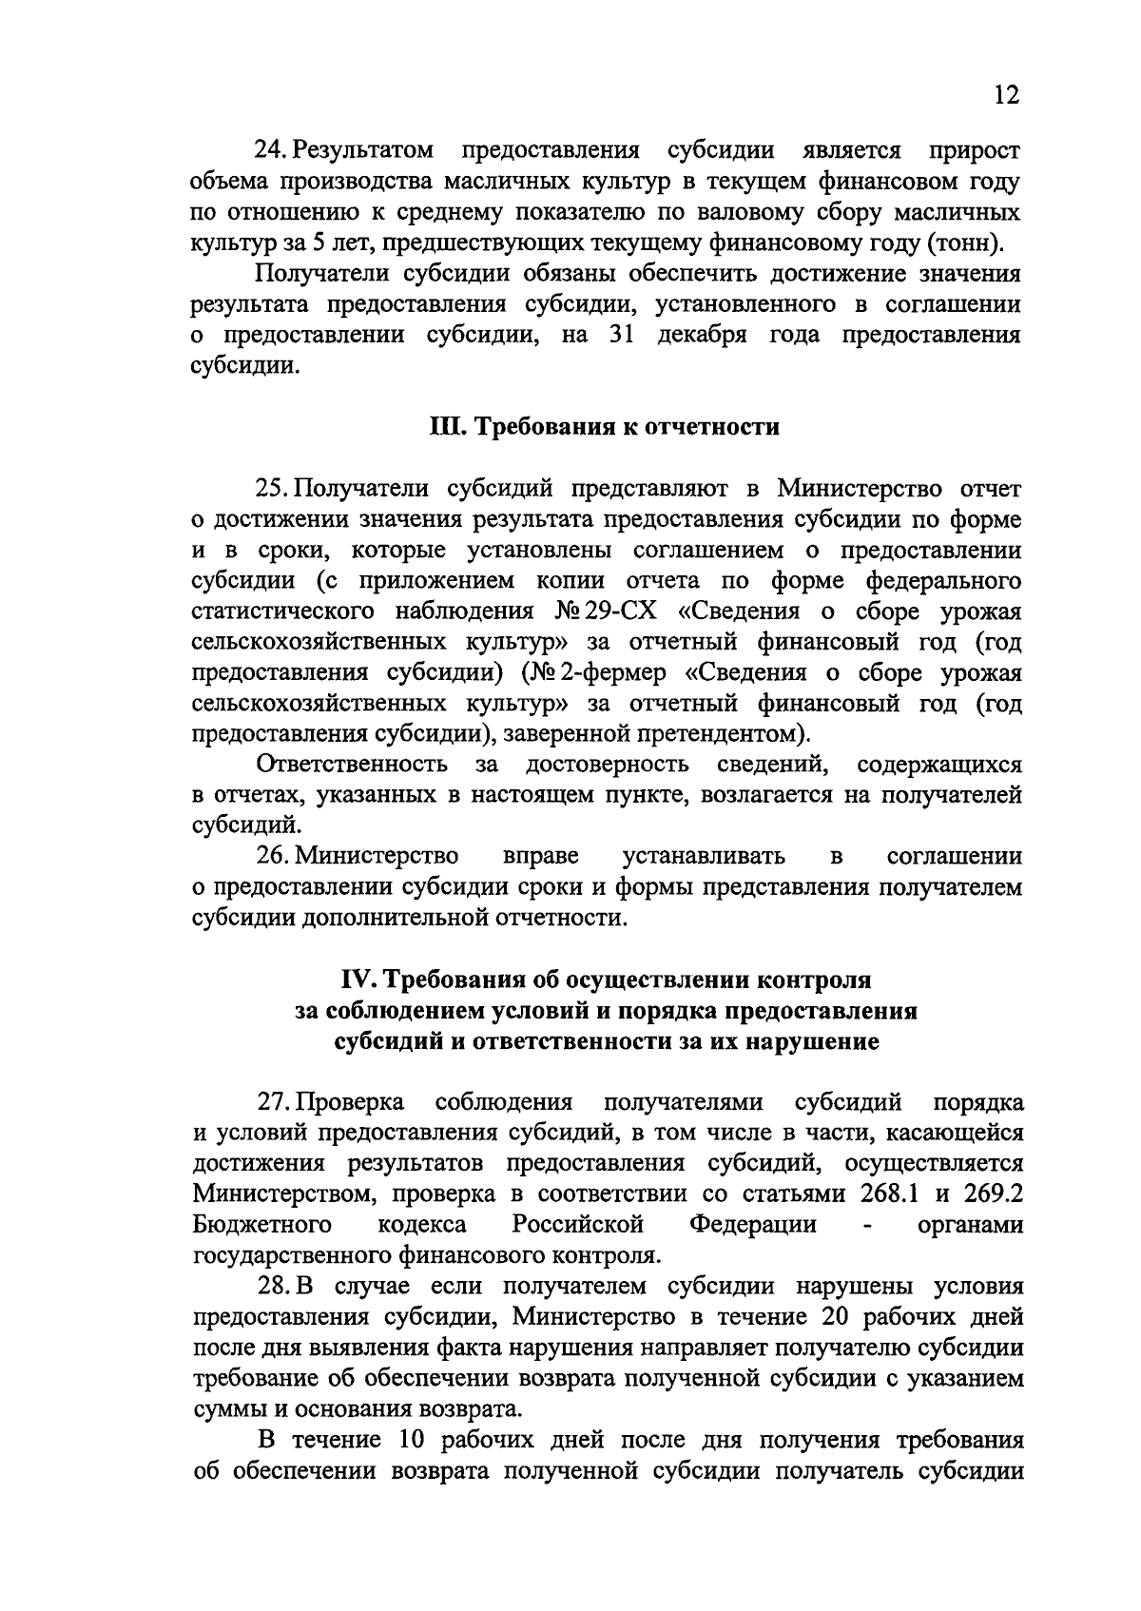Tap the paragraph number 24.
coord(269,150)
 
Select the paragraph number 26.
coord(273,856)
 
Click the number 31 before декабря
coord(622,336)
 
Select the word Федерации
coord(753,1225)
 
